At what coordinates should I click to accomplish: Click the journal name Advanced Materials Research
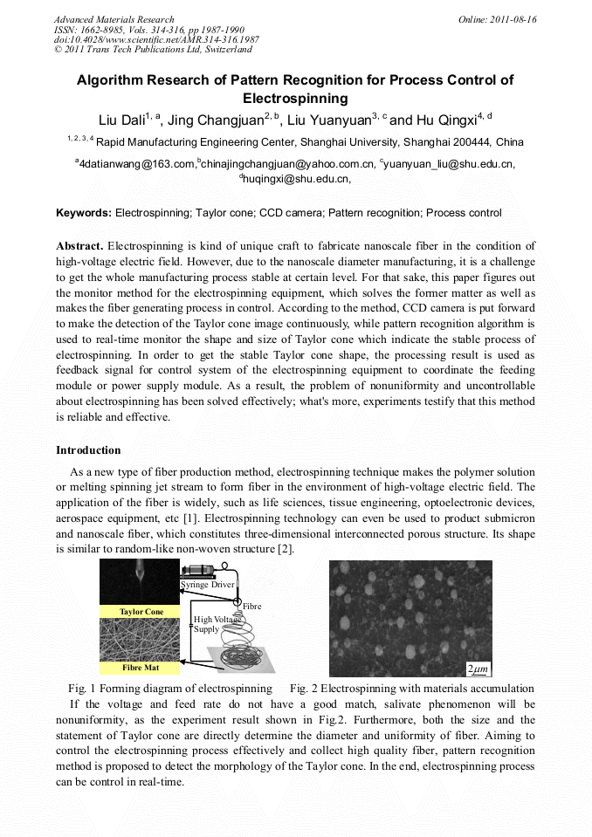114,19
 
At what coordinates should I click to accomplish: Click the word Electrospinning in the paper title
295,99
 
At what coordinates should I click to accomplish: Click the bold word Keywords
84,213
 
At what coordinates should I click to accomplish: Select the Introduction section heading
88,450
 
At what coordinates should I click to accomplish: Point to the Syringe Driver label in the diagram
208,584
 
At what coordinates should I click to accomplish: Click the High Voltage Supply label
212,623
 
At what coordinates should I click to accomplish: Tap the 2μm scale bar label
478,669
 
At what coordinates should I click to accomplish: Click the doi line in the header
156,40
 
